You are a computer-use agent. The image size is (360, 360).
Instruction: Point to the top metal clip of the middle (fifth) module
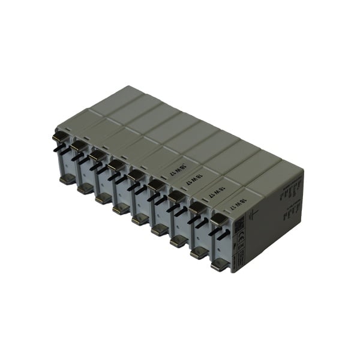tap(136, 175)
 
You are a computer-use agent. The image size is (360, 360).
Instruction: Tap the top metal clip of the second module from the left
tap(78, 145)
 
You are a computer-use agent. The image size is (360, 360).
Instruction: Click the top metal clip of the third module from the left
tap(97, 155)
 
